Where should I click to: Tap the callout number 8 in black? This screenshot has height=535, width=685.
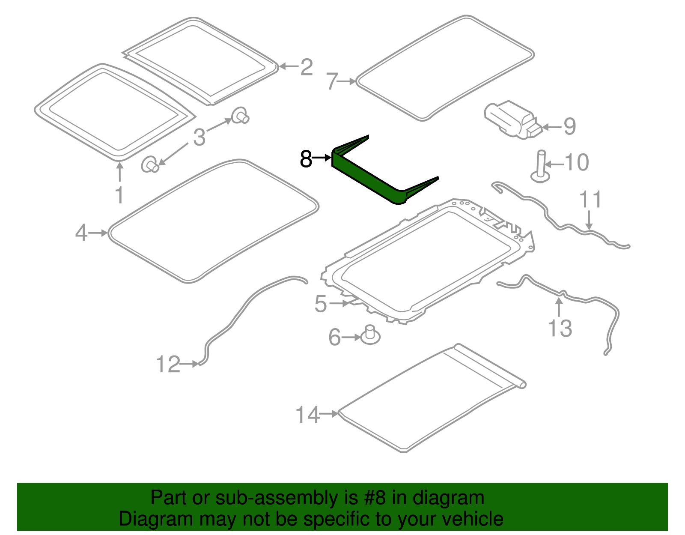pos(306,159)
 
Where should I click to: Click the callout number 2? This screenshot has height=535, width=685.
pos(306,67)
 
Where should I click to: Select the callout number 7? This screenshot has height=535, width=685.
pos(333,81)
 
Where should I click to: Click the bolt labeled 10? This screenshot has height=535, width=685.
pos(541,167)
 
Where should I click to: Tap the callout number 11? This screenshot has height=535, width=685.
pos(590,200)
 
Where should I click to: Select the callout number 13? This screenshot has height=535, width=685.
pos(560,329)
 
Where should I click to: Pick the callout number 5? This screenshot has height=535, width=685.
pos(321,304)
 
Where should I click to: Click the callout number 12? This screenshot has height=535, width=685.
pos(168,365)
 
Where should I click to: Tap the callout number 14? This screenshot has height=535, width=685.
pos(307,415)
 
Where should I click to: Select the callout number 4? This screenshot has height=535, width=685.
pos(81,233)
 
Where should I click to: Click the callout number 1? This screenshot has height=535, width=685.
pos(119,195)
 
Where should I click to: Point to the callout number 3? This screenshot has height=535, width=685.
pos(199,137)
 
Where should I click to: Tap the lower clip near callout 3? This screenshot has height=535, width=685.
pos(150,165)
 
